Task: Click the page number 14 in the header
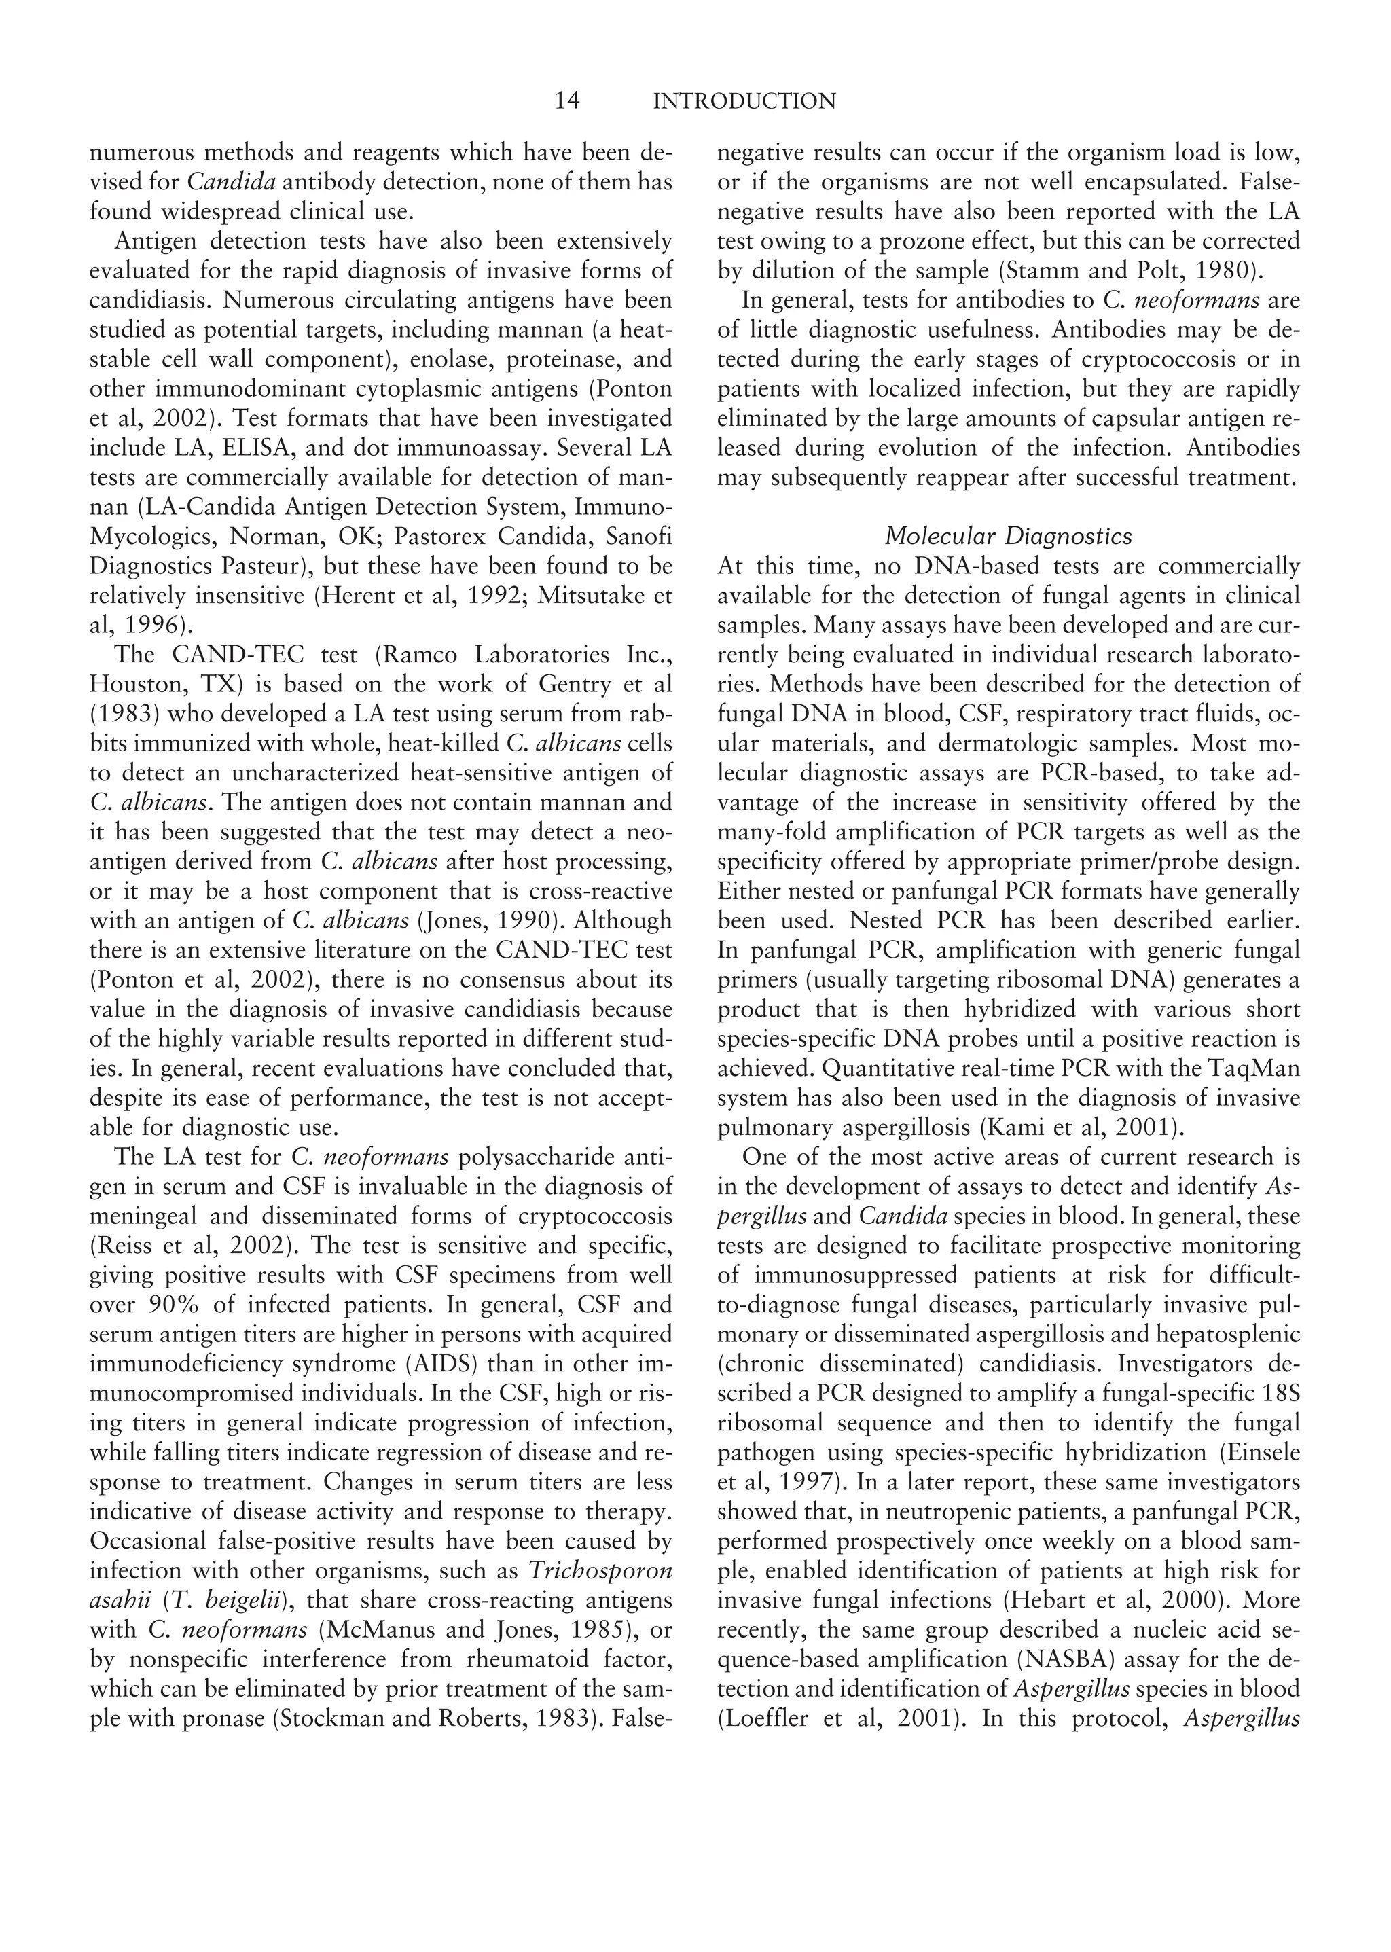pyautogui.click(x=567, y=102)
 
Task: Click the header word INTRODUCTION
pyautogui.click(x=744, y=102)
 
